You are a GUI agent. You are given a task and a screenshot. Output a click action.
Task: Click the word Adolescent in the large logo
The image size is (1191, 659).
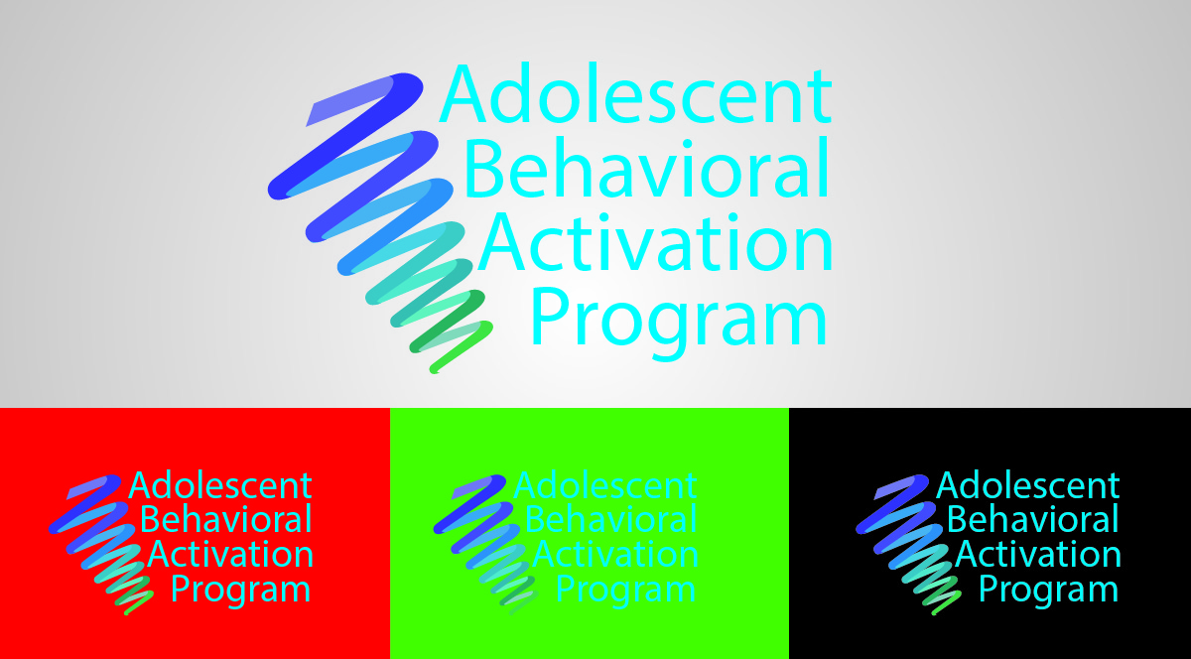point(636,93)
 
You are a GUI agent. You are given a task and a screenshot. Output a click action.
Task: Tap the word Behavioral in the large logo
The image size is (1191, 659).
point(647,167)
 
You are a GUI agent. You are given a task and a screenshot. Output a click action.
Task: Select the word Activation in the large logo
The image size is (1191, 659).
point(655,242)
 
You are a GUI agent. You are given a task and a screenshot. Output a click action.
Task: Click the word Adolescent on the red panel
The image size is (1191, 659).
point(220,485)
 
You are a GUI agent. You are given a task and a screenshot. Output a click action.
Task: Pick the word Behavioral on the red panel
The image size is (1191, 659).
point(226,519)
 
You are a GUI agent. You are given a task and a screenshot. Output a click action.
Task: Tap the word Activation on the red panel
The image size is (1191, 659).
point(230,554)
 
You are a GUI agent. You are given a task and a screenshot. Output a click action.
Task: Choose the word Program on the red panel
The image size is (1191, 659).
point(240,591)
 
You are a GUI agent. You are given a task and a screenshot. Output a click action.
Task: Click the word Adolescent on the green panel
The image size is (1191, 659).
point(605,485)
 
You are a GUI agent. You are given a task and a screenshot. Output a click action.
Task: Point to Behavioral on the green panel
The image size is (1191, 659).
point(611,519)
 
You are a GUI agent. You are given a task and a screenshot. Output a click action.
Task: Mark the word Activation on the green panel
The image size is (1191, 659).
point(615,554)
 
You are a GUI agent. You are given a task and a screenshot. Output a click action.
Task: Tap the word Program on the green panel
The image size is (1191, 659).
point(625,591)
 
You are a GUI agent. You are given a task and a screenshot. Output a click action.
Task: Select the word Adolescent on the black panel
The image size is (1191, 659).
point(1028,485)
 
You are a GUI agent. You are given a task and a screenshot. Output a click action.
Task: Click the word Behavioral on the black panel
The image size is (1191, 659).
point(1033,519)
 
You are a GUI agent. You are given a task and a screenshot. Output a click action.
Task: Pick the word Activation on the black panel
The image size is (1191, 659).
point(1038,554)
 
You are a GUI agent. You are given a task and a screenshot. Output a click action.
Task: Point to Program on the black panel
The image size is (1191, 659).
point(1048,591)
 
